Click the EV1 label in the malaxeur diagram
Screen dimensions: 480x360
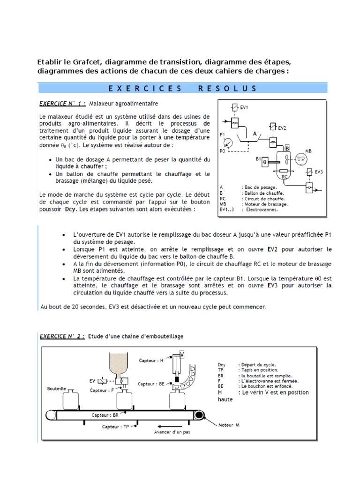(244, 107)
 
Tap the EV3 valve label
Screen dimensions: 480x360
(319, 172)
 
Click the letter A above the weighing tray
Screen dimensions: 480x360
(255, 133)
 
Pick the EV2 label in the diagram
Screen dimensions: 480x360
(282, 127)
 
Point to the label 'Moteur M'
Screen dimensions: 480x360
(229, 425)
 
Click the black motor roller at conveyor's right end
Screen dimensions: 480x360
(200, 415)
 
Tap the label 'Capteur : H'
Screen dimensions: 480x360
(150, 360)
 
